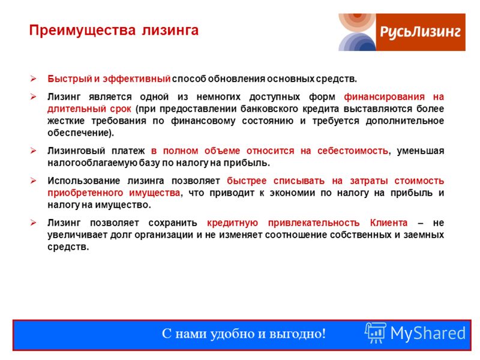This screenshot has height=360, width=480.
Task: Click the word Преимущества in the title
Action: (82, 31)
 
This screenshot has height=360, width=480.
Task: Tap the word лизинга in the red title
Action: (170, 31)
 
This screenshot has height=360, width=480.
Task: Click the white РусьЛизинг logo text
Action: (421, 32)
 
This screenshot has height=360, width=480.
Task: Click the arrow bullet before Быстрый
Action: (33, 79)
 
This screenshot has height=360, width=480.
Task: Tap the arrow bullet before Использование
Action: (33, 181)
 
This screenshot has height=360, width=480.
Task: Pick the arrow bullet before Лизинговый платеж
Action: (33, 151)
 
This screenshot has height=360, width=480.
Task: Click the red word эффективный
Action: (137, 79)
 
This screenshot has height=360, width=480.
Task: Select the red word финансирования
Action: (384, 97)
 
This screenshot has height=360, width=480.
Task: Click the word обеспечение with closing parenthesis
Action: (80, 133)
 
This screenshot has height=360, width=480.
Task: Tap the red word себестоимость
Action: (352, 151)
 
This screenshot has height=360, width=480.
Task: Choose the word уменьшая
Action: (421, 151)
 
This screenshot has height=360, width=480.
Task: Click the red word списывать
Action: (299, 181)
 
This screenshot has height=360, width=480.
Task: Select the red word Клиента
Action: (388, 223)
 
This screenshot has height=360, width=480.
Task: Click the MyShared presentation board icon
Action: (376, 333)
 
